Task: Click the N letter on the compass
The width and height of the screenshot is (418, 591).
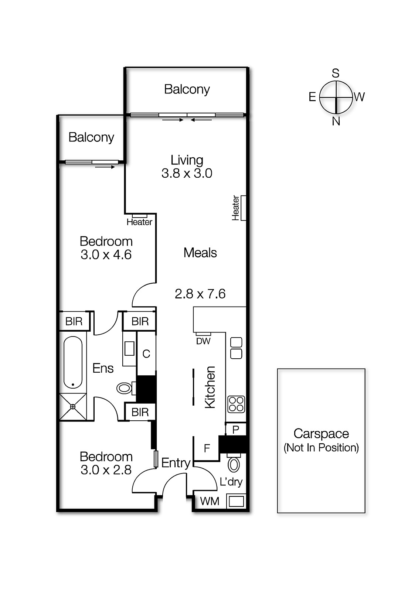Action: (336, 121)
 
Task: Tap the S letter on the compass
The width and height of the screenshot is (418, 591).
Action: (335, 73)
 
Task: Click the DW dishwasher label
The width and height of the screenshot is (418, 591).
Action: (203, 341)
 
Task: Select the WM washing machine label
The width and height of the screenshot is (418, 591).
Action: (210, 501)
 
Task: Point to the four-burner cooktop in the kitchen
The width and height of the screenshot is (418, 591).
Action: (236, 404)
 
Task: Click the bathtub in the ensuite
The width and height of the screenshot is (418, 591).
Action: (73, 362)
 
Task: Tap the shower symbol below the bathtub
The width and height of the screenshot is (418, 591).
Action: (73, 407)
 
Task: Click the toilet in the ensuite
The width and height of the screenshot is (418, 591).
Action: (125, 388)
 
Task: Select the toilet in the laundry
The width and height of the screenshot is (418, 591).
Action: (234, 465)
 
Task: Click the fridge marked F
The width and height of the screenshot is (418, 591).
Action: (207, 448)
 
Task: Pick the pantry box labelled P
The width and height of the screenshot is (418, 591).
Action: (236, 429)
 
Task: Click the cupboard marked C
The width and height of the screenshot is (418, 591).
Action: (146, 354)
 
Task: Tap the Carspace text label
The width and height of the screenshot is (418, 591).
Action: (321, 434)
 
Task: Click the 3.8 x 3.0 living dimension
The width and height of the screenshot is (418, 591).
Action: (187, 173)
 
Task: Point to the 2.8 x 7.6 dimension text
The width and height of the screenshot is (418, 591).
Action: (200, 294)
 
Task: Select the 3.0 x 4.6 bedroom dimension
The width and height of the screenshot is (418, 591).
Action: (106, 255)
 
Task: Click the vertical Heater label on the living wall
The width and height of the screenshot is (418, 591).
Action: (236, 208)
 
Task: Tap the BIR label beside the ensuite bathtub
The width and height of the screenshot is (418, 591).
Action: (74, 321)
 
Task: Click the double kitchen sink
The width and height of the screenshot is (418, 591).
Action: (236, 348)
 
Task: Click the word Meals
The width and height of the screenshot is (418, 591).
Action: (200, 253)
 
